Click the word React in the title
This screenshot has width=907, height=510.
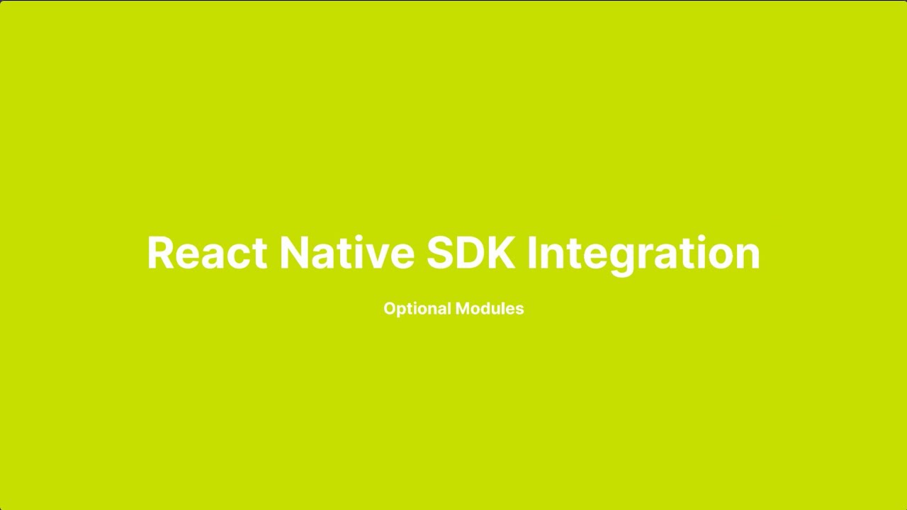point(206,253)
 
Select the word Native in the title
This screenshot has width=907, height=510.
point(347,253)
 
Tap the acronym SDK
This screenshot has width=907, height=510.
point(471,253)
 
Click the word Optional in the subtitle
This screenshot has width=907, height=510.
point(417,309)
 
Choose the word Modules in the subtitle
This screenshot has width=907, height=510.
point(490,309)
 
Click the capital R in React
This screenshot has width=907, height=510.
point(161,253)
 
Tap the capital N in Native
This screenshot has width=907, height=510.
point(296,253)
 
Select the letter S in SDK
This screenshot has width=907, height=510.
point(442,253)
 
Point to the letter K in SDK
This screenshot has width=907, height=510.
point(501,253)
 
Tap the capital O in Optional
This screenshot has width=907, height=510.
point(390,309)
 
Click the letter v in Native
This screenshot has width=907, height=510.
point(377,255)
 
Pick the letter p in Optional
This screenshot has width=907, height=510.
point(401,311)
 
